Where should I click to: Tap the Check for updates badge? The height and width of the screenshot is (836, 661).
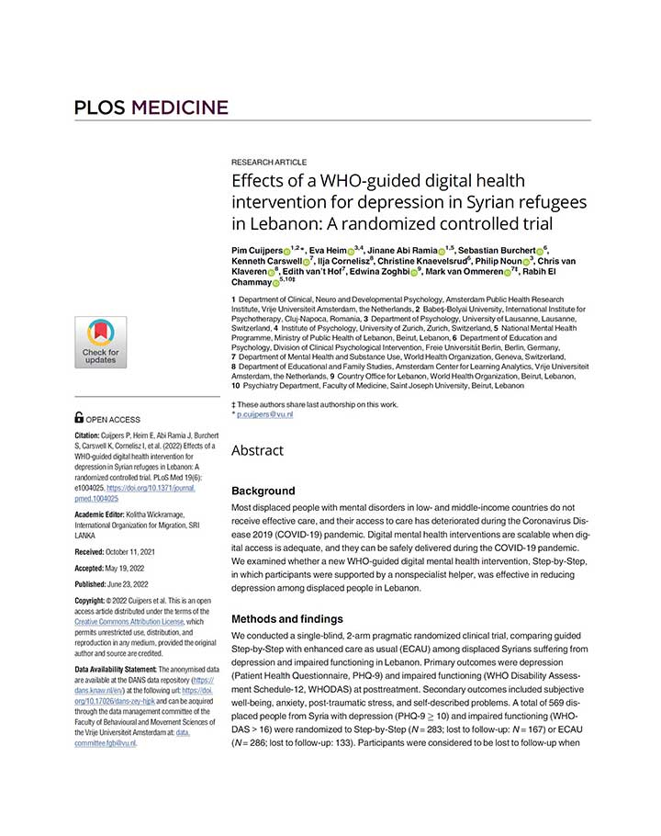(100, 342)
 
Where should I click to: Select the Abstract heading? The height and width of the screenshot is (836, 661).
(257, 451)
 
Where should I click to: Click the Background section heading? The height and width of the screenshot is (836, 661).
(263, 491)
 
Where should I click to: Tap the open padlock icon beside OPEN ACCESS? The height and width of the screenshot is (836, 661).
(79, 419)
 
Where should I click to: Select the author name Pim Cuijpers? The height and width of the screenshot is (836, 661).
(257, 250)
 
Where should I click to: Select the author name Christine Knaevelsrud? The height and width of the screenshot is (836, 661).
(420, 261)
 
